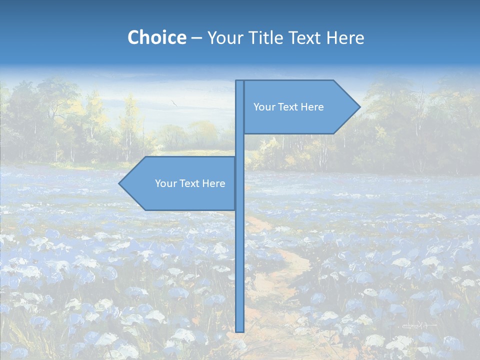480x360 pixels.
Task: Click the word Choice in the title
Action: click(x=156, y=37)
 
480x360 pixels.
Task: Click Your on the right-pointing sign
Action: click(x=263, y=107)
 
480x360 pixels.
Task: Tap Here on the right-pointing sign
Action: click(x=312, y=107)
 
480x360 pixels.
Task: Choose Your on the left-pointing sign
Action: click(x=165, y=183)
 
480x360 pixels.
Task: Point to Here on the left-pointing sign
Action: click(x=213, y=183)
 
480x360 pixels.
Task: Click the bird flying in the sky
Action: click(x=174, y=102)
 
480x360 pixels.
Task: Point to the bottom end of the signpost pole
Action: click(x=240, y=330)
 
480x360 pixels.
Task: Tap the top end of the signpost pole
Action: click(x=240, y=81)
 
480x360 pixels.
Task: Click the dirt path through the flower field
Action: click(x=280, y=280)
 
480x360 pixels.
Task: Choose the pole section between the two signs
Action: click(x=240, y=145)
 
